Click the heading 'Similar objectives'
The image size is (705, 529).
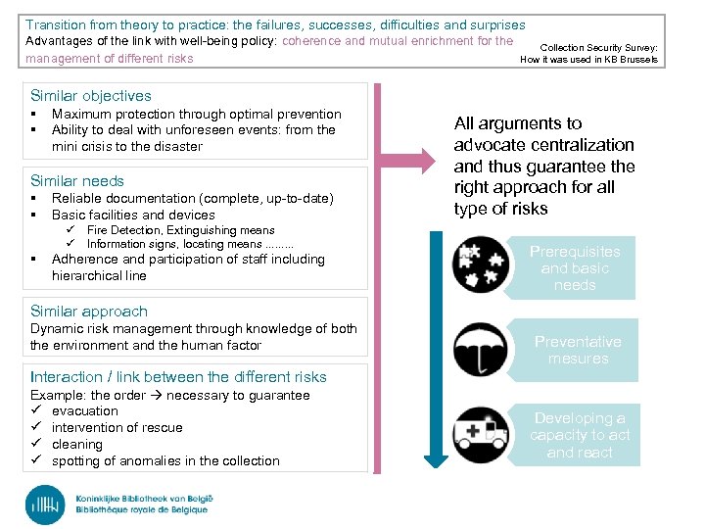pyautogui.click(x=91, y=96)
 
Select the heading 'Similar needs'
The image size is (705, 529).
pyautogui.click(x=77, y=181)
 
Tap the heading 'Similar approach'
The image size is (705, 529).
pyautogui.click(x=89, y=312)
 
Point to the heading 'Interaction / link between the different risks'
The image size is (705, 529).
pyautogui.click(x=178, y=377)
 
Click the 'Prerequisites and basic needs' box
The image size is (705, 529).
pyautogui.click(x=575, y=267)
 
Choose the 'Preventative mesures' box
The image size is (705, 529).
pyautogui.click(x=578, y=350)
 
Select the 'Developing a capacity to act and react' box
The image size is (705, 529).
pyautogui.click(x=580, y=435)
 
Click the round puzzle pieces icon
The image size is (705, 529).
pyautogui.click(x=481, y=265)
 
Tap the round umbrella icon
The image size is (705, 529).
pyautogui.click(x=481, y=350)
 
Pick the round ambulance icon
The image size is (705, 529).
pyautogui.click(x=481, y=434)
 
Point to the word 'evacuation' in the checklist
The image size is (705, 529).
pyautogui.click(x=85, y=411)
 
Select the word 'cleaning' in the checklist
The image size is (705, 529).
pyautogui.click(x=76, y=444)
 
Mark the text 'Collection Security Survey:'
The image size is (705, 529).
pyautogui.click(x=599, y=47)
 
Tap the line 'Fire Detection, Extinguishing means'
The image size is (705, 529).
pyautogui.click(x=181, y=230)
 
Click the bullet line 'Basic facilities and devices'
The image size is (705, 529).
pyautogui.click(x=133, y=215)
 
